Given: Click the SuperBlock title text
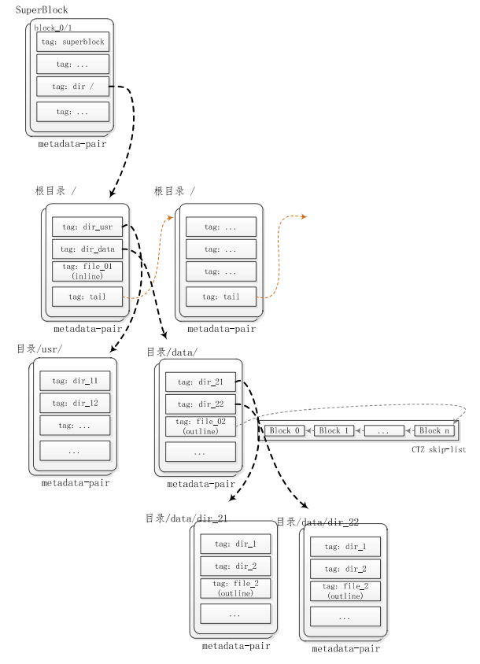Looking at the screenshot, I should point(42,10).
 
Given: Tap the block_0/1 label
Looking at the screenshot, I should point(51,28).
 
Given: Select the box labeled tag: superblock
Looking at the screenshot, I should point(72,42).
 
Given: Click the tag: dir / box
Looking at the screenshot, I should point(72,87).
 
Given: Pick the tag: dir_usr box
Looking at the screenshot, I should point(87,227).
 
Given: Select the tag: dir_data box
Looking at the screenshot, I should point(87,249).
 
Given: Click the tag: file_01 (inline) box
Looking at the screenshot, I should point(87,271).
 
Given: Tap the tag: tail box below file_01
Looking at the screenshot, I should point(87,297).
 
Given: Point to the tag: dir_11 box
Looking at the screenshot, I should point(75,381).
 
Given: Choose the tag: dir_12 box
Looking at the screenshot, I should point(75,403).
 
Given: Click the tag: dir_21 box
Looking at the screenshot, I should point(200,382).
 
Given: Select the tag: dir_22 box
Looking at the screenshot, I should point(200,404).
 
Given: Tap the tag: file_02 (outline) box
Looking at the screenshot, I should point(200,426).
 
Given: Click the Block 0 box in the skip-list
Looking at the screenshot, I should point(284,430).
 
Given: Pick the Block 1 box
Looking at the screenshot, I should point(334,430).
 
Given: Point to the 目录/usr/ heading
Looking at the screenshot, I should point(39,349).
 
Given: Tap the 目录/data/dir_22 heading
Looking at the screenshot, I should point(318,522).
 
